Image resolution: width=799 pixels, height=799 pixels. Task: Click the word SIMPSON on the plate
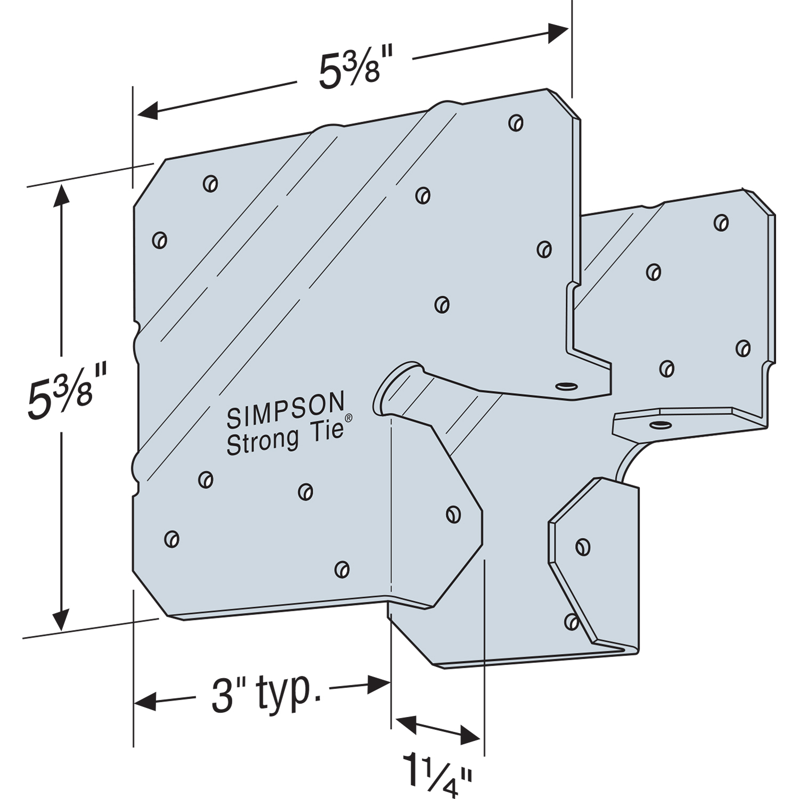286,410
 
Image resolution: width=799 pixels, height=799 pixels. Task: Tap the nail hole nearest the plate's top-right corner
515,123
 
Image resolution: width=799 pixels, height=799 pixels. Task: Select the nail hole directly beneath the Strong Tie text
305,491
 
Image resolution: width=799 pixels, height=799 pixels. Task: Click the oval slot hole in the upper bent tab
566,386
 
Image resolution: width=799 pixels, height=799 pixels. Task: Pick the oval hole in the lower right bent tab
660,424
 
